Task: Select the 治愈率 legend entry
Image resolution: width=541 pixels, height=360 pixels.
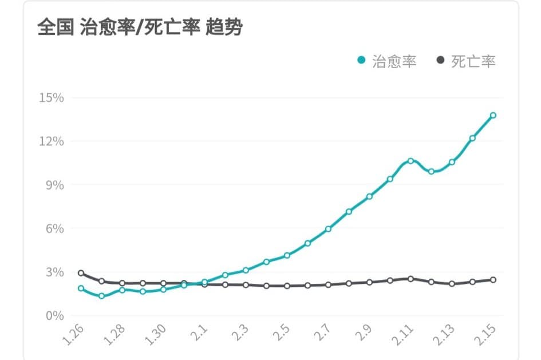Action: pyautogui.click(x=388, y=61)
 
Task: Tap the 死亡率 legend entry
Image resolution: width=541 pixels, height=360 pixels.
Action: pyautogui.click(x=467, y=61)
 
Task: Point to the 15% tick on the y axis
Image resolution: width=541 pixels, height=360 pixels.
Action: pyautogui.click(x=51, y=98)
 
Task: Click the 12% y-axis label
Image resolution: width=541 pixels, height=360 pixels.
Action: pyautogui.click(x=51, y=141)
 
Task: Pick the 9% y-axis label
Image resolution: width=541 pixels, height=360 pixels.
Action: pyautogui.click(x=54, y=185)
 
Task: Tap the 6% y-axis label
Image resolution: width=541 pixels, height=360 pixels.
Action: pyautogui.click(x=54, y=228)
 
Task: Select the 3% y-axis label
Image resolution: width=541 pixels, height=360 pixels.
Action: pyautogui.click(x=54, y=272)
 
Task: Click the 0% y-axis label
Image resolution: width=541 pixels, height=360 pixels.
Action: pyautogui.click(x=54, y=315)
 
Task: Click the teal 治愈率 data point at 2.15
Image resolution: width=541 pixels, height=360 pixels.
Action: pyautogui.click(x=493, y=116)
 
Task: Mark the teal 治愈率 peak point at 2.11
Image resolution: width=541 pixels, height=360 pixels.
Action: pyautogui.click(x=410, y=161)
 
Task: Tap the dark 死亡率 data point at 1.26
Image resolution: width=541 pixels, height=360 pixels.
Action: pyautogui.click(x=81, y=273)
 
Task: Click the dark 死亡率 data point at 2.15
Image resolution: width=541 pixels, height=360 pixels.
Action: pyautogui.click(x=493, y=280)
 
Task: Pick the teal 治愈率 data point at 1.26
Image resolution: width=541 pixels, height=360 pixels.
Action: pyautogui.click(x=81, y=288)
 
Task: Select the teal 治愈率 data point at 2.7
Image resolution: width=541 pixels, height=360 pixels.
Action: pyautogui.click(x=328, y=229)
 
